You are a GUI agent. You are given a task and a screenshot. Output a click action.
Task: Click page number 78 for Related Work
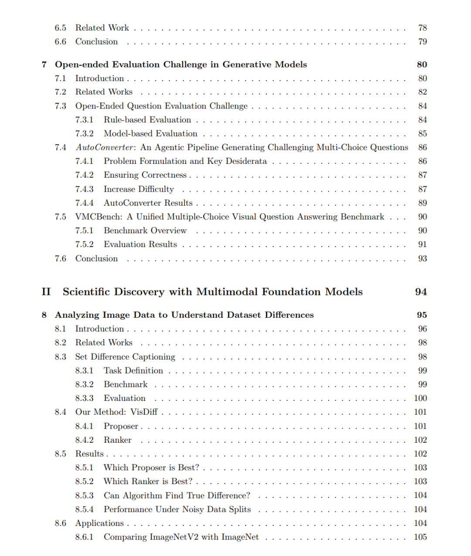tap(422, 28)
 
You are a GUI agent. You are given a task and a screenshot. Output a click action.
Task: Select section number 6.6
tap(60, 42)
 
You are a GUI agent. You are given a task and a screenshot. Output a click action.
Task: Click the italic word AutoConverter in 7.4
tap(105, 147)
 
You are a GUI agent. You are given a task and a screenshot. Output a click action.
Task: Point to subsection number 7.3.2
tap(84, 134)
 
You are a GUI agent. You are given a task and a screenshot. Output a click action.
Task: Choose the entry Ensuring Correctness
tap(145, 175)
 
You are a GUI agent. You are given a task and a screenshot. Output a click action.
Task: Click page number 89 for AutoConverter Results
tap(422, 203)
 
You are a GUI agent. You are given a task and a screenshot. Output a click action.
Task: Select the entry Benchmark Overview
tap(145, 231)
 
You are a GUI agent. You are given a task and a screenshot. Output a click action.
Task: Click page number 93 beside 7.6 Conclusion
tap(422, 258)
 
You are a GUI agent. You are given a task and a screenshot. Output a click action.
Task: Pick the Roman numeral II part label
tap(46, 292)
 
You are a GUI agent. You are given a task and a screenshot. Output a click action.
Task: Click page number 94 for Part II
tap(420, 292)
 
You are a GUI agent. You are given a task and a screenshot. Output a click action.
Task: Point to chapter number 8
tap(44, 315)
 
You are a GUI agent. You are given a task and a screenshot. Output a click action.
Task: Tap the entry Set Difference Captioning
tap(125, 357)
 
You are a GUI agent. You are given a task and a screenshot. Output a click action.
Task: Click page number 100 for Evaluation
tap(420, 398)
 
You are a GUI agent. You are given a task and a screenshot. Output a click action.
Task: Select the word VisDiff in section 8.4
tap(144, 412)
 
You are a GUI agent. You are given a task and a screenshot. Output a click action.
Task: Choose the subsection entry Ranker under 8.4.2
tap(117, 440)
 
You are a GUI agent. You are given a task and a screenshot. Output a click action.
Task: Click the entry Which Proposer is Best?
tap(151, 468)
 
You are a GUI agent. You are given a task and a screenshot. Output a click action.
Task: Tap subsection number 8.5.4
tap(84, 509)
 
